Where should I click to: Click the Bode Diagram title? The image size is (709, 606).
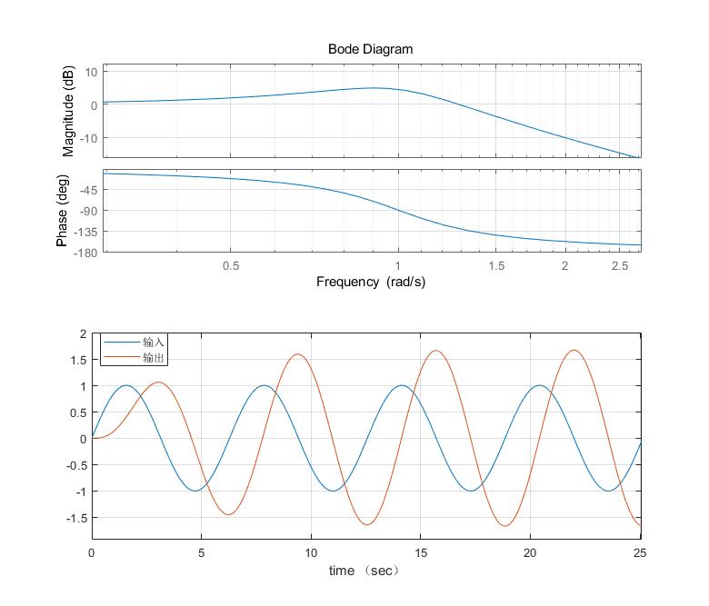tap(370, 49)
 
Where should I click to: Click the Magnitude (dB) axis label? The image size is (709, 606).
tap(68, 111)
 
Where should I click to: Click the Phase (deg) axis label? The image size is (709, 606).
tap(63, 210)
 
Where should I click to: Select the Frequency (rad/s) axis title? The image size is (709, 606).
tap(370, 282)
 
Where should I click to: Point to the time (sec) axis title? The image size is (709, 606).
tap(364, 571)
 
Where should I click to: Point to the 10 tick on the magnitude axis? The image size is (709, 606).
tap(91, 71)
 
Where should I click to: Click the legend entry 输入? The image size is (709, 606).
tap(153, 343)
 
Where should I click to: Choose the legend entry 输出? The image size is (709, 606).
tap(153, 358)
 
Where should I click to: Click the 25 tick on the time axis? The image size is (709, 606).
tap(641, 552)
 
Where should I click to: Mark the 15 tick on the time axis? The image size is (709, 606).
tap(421, 552)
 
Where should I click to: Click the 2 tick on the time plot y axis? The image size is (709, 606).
tap(83, 334)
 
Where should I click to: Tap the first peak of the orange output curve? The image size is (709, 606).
tap(159, 382)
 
